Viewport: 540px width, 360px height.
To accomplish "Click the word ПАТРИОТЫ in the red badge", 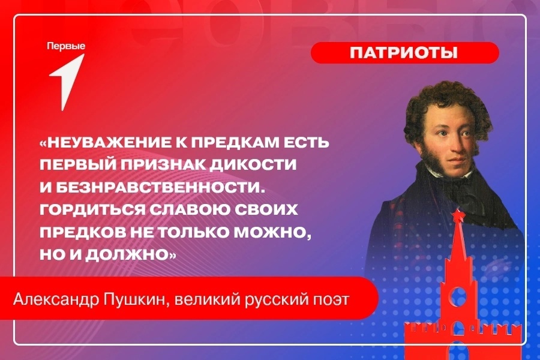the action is [404, 53].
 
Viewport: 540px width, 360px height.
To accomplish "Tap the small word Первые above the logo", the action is [66, 46].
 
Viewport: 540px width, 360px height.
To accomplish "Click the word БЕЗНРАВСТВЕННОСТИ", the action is [157, 187].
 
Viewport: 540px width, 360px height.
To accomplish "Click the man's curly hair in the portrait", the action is [444, 103].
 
